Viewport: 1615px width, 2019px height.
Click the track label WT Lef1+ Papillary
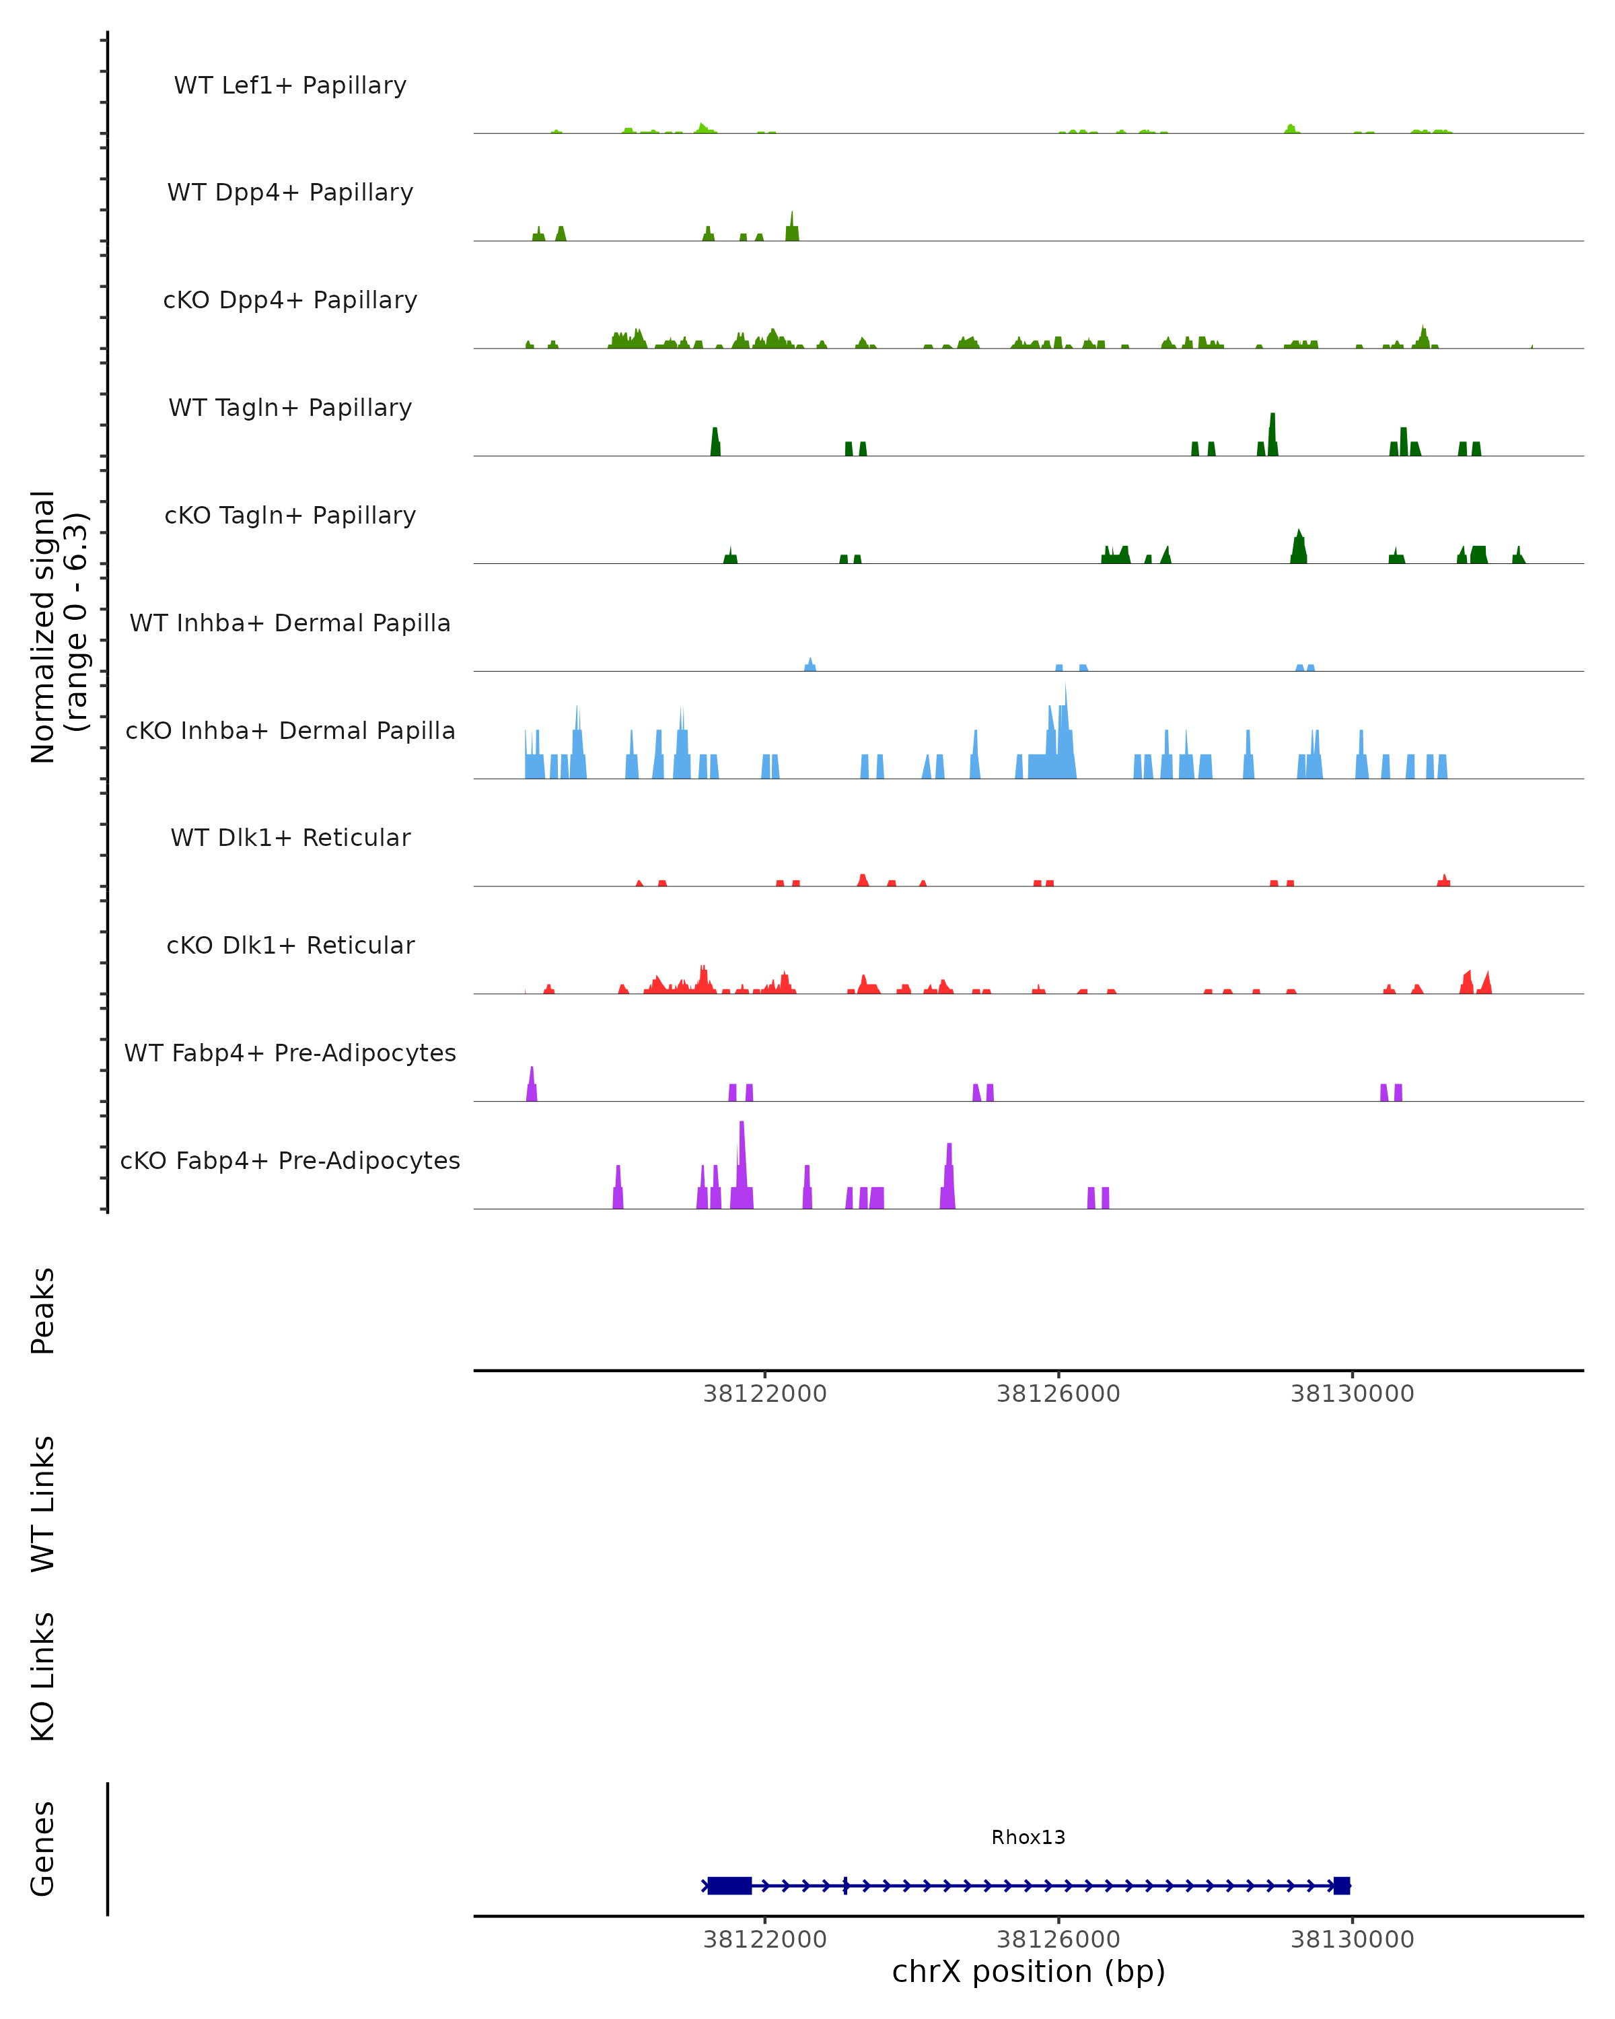[x=290, y=85]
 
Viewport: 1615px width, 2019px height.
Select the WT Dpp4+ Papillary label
[x=290, y=193]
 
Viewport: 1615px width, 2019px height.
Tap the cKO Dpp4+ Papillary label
[x=290, y=301]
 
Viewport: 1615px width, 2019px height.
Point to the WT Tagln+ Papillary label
[x=290, y=409]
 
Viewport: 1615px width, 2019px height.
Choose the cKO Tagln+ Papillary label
[x=290, y=516]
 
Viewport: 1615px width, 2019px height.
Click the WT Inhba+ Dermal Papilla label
[x=290, y=624]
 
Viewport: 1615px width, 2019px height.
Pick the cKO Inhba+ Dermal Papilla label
[x=290, y=732]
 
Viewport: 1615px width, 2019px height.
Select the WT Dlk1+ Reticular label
[x=290, y=838]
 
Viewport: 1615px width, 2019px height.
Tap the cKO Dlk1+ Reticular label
[x=290, y=946]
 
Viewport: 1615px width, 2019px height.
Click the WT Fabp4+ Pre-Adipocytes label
[x=290, y=1053]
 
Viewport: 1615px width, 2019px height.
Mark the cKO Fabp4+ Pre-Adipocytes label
[x=290, y=1161]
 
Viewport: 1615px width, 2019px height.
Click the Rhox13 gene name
[x=1028, y=1837]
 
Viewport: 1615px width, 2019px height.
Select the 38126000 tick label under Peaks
[x=1058, y=1394]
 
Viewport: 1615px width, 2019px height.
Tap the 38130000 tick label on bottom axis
[x=1352, y=1940]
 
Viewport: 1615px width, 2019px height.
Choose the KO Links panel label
[x=43, y=1676]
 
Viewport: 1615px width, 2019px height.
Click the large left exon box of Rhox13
[x=729, y=1885]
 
